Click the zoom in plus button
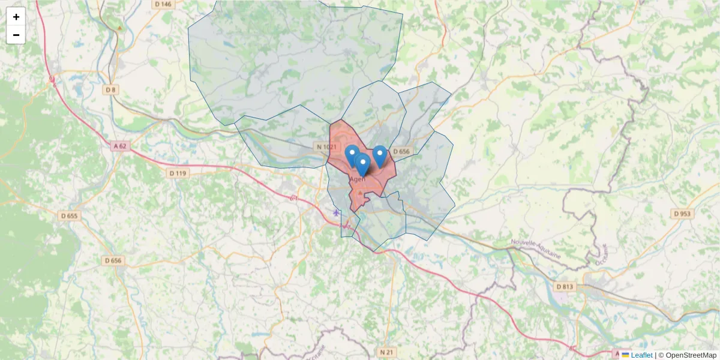tap(16, 17)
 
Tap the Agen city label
tap(357, 179)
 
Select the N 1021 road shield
tap(326, 147)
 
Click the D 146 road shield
tap(162, 4)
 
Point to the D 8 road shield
tap(110, 90)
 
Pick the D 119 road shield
tap(178, 173)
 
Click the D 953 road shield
tap(682, 214)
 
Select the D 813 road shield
tap(565, 287)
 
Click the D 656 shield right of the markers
tap(400, 152)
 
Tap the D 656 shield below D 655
tap(113, 260)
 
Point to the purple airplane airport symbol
tap(336, 212)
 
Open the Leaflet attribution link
tap(641, 355)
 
